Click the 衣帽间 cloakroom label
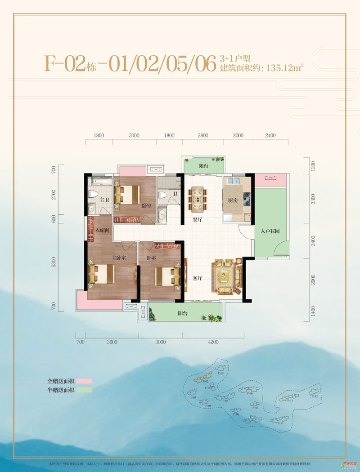tap(103, 231)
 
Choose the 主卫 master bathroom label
tap(104, 200)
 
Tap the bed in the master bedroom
tap(102, 274)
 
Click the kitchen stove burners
tap(246, 198)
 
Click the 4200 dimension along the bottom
tap(213, 342)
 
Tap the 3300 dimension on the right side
tap(313, 198)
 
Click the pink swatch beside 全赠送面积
tap(84, 381)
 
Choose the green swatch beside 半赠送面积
tap(84, 390)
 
